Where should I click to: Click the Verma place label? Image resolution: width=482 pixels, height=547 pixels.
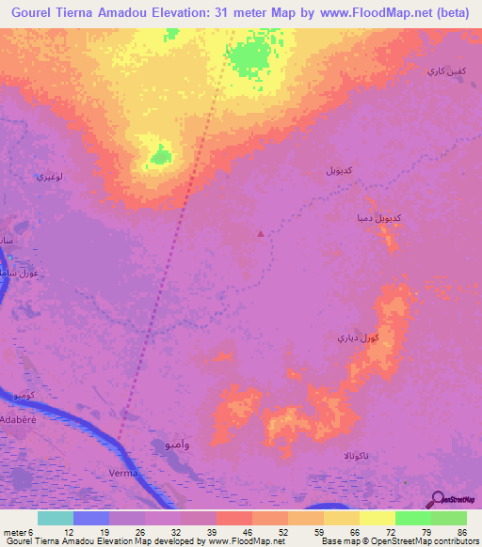tap(123, 473)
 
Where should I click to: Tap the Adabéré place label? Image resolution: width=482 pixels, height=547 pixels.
tap(21, 423)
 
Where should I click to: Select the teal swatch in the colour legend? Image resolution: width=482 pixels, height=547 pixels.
tap(56, 518)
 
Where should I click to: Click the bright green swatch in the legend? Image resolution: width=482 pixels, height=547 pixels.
tap(413, 518)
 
